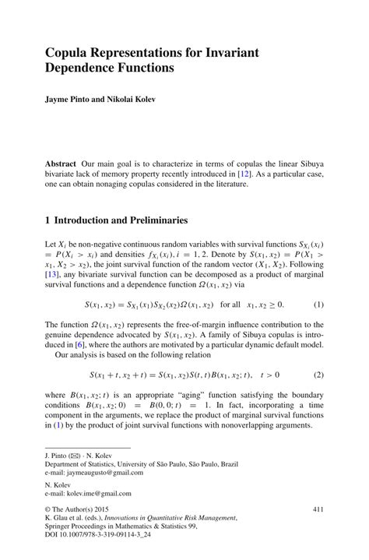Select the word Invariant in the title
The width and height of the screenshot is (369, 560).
tap(230, 52)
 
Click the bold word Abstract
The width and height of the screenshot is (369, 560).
tap(64, 166)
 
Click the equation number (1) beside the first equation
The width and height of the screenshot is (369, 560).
tap(318, 304)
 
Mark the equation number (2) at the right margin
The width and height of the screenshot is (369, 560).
tap(318, 375)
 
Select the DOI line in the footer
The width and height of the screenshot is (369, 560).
tap(93, 537)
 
